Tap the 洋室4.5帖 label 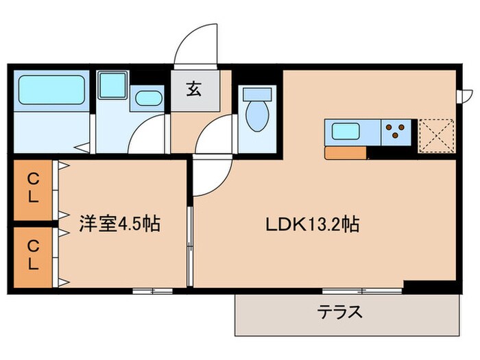coord(119,224)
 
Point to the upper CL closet coord(33,186)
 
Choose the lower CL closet coord(33,254)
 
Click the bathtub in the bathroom coord(50,90)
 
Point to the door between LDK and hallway coord(213,137)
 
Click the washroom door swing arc coord(147,134)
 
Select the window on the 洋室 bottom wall coord(152,291)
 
